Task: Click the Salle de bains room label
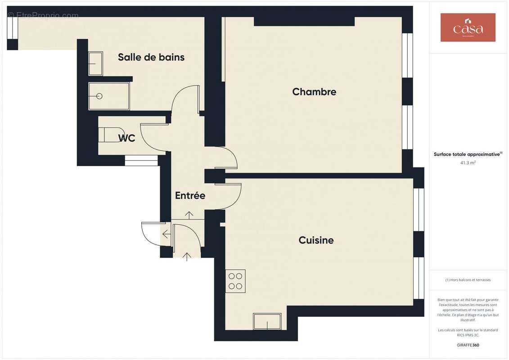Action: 151,57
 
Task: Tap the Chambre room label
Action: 314,92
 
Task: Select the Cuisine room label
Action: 316,240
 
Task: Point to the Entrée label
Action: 190,196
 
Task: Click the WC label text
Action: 127,139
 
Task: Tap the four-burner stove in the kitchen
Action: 235,281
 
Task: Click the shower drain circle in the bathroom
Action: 99,96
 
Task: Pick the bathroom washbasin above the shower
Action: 95,63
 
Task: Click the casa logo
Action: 468,27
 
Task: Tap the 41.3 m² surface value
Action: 468,162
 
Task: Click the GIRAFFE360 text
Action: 468,346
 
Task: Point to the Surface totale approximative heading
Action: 467,154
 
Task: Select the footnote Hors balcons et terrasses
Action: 468,280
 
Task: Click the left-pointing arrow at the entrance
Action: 166,234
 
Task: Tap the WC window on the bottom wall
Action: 141,160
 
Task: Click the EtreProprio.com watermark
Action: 43,15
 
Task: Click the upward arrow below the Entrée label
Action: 189,215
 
